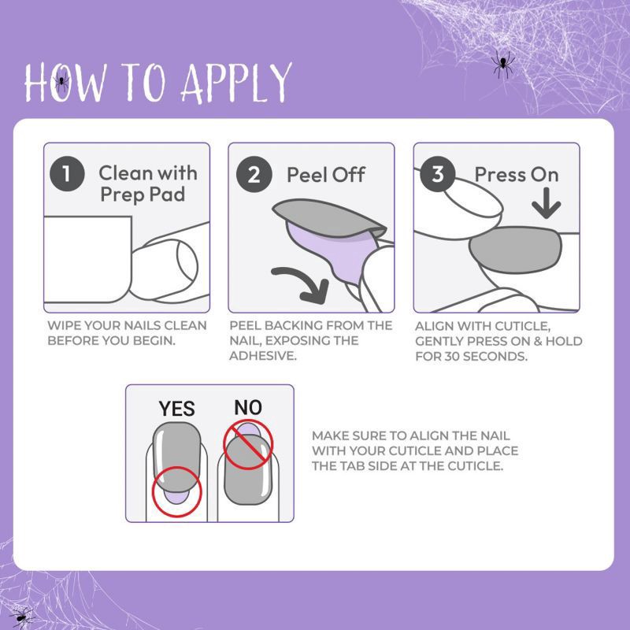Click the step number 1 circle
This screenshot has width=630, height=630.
click(x=67, y=174)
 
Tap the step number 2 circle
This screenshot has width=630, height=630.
click(x=254, y=174)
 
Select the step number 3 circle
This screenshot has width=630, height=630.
click(x=438, y=174)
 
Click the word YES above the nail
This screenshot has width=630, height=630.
click(x=176, y=409)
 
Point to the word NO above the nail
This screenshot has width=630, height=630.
click(x=248, y=407)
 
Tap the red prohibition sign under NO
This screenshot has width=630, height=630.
click(x=248, y=445)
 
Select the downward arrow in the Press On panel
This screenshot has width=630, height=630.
click(x=546, y=203)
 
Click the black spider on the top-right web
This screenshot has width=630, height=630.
click(x=502, y=65)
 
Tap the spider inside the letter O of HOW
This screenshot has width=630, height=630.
click(x=61, y=82)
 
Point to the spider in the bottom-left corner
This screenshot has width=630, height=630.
click(x=22, y=617)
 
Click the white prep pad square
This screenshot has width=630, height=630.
click(x=87, y=259)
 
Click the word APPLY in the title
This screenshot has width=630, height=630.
click(x=237, y=83)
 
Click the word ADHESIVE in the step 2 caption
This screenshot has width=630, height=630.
click(x=263, y=356)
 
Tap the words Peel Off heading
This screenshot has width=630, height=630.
click(x=325, y=175)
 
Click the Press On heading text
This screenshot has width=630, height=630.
click(x=517, y=175)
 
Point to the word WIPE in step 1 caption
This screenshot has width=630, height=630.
click(x=63, y=325)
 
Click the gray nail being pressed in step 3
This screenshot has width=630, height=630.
click(x=516, y=250)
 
